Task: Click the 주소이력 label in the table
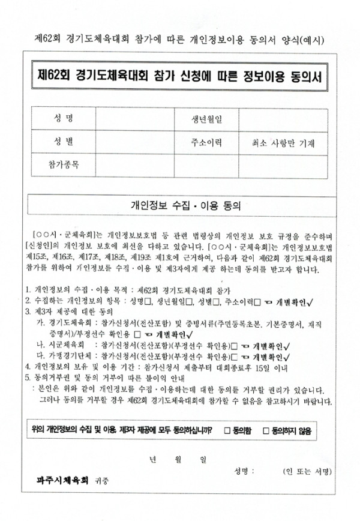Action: [x=207, y=143]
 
